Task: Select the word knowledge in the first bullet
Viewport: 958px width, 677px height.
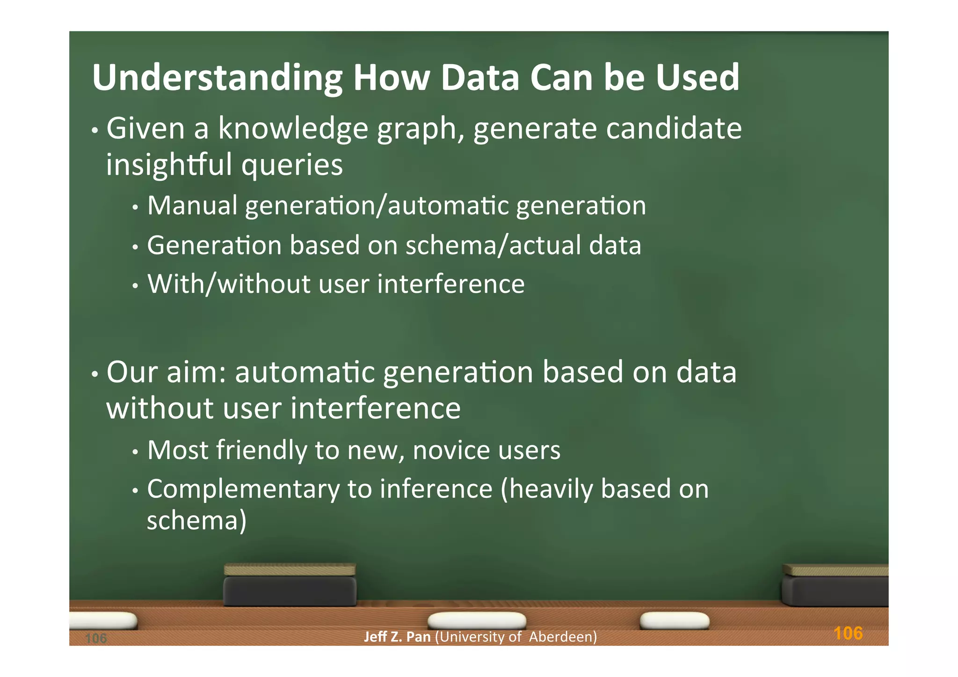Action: pyautogui.click(x=293, y=129)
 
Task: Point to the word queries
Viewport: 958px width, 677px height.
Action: pyautogui.click(x=292, y=165)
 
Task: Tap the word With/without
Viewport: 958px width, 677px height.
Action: pyautogui.click(x=229, y=284)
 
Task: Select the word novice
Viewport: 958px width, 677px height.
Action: pyautogui.click(x=451, y=450)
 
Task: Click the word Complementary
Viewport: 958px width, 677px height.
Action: pyautogui.click(x=243, y=489)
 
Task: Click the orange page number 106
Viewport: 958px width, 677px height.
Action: pyautogui.click(x=848, y=633)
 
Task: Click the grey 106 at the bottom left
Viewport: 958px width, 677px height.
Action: pyautogui.click(x=96, y=638)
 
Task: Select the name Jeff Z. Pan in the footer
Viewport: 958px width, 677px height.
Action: pyautogui.click(x=397, y=637)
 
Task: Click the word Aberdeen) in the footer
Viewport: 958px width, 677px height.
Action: pyautogui.click(x=563, y=637)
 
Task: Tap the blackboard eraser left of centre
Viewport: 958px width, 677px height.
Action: pyautogui.click(x=290, y=586)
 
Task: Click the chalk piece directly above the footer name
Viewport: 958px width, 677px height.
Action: pyautogui.click(x=477, y=620)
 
